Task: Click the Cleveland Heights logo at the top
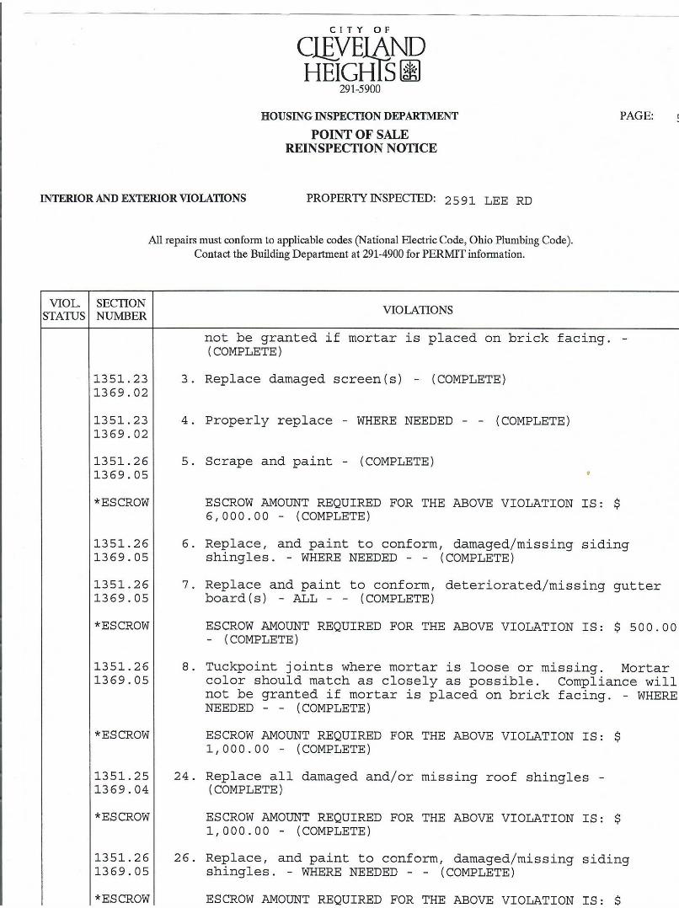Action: [360, 58]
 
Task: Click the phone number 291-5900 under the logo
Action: [360, 89]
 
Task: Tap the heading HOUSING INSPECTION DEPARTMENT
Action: [360, 116]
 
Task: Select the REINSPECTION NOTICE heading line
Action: [361, 148]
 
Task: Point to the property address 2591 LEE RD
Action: [488, 200]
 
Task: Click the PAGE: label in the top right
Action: [636, 116]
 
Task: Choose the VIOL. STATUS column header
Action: [64, 310]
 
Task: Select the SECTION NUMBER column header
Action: [120, 310]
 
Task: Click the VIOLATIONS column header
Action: [418, 310]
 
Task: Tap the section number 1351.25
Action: [120, 777]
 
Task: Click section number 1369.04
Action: [120, 790]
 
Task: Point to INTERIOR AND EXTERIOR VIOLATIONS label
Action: [143, 199]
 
